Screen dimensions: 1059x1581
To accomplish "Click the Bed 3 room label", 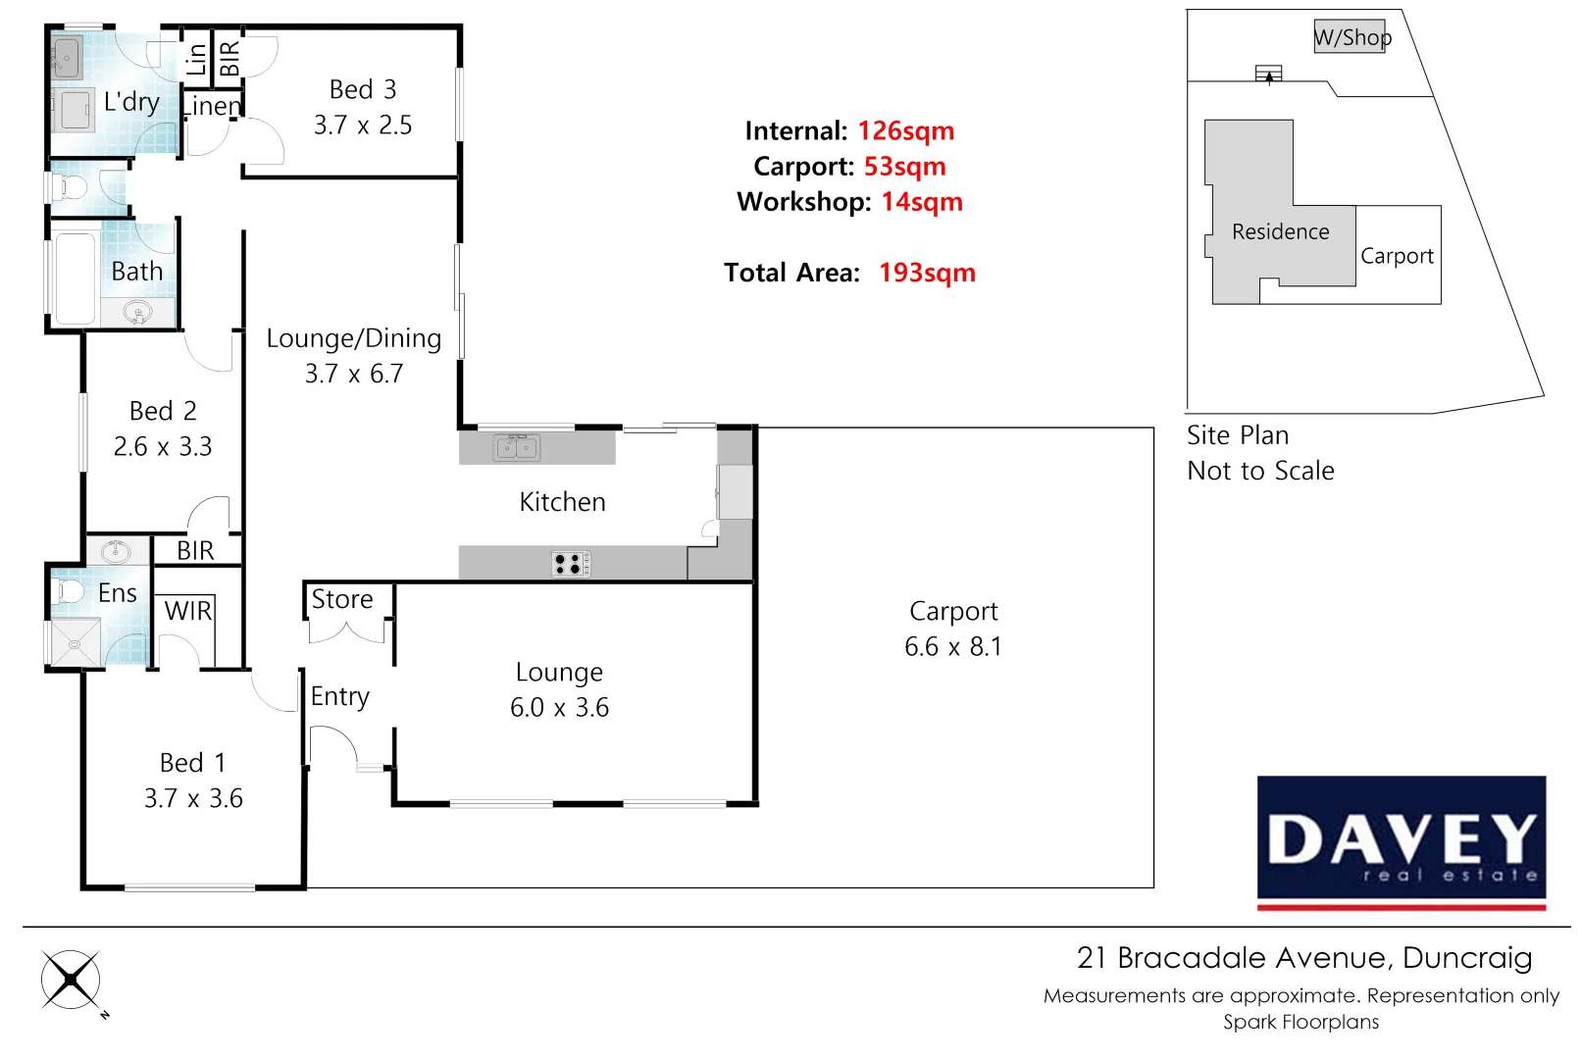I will (x=363, y=89).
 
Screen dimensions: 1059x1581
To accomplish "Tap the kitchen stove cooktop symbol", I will (x=571, y=564).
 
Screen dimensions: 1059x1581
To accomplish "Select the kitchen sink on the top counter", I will (x=517, y=447).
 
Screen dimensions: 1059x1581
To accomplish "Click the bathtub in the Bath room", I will (x=75, y=278).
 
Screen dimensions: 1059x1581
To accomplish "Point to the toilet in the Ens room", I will (x=69, y=591).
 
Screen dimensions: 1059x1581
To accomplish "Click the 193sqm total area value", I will (x=926, y=273).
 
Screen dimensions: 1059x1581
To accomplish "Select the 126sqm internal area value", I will (x=905, y=130).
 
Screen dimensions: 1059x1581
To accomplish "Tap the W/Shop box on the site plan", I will (x=1350, y=37).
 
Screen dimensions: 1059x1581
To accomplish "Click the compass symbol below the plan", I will (x=71, y=979).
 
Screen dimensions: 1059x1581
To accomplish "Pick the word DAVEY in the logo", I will (x=1402, y=838).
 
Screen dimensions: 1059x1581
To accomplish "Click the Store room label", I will (x=342, y=599).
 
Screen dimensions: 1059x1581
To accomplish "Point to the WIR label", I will (x=187, y=611).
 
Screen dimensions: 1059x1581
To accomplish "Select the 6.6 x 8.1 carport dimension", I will (x=952, y=646).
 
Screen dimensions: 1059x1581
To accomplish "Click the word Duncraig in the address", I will (x=1466, y=957).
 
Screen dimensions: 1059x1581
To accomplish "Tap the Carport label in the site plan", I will (x=1397, y=256).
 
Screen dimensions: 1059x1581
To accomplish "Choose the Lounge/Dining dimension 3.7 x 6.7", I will (x=354, y=374).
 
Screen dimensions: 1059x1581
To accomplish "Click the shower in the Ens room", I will (x=75, y=643).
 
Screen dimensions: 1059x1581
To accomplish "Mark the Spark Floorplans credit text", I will (x=1300, y=1022).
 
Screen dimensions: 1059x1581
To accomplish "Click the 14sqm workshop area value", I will (x=921, y=202).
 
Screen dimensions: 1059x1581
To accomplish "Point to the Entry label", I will (x=340, y=696).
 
